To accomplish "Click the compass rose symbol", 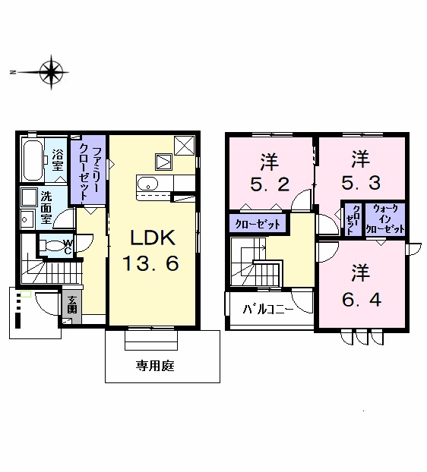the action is click(x=51, y=72).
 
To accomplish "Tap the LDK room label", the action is click(x=153, y=238).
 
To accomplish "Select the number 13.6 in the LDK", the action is click(x=150, y=263).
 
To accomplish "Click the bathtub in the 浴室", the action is click(x=33, y=159).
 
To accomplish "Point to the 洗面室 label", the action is click(x=46, y=208).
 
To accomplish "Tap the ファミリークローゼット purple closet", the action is click(x=88, y=169).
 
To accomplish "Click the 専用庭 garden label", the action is click(x=155, y=366).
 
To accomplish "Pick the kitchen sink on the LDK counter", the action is click(x=147, y=184).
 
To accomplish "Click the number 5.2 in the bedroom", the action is click(x=270, y=184).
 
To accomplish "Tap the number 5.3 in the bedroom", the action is click(x=361, y=183).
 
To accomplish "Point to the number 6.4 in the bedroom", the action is click(x=362, y=299).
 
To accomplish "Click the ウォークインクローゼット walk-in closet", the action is click(x=384, y=219).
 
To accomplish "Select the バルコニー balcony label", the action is click(x=268, y=309).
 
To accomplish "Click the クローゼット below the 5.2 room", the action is click(x=258, y=223).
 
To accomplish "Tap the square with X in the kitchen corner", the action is click(x=185, y=146).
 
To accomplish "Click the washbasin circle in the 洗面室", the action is click(x=25, y=219).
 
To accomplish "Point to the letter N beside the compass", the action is click(x=12, y=72).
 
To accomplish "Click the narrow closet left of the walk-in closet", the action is click(x=353, y=219).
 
